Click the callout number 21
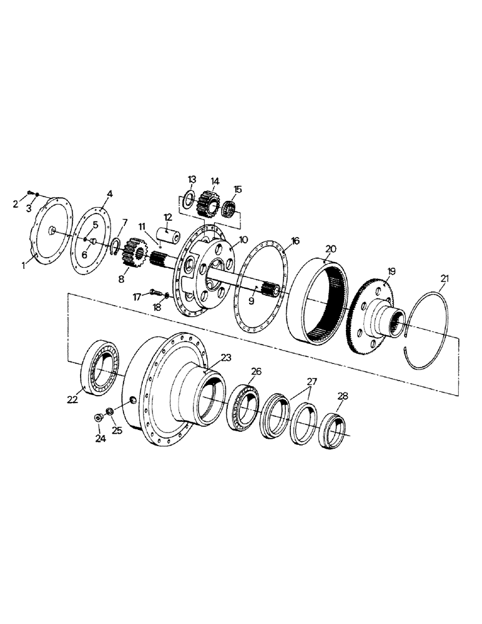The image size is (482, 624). click(443, 278)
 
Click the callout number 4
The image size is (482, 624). click(109, 194)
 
